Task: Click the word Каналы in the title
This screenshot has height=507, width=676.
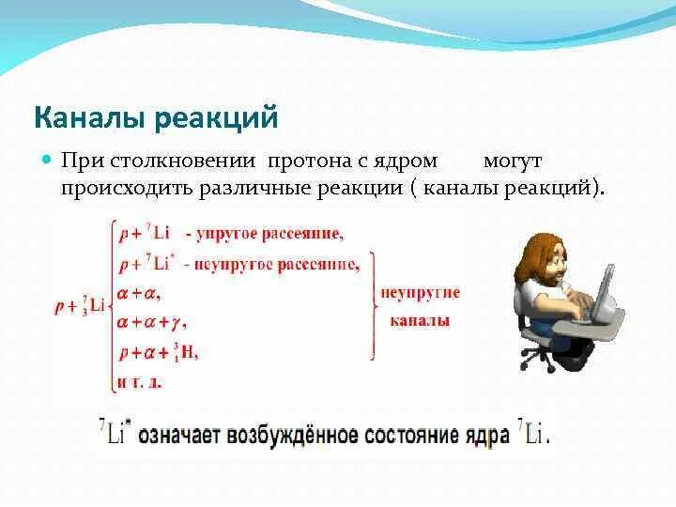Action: [x=90, y=118]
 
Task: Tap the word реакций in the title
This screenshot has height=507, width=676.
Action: [x=216, y=118]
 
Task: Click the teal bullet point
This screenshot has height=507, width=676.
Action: [x=47, y=160]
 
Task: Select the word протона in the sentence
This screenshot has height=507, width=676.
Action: [x=309, y=161]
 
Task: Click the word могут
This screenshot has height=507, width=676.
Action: [x=513, y=161]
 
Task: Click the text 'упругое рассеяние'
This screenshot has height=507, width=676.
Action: [x=269, y=234]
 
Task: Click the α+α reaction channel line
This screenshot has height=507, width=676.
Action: [x=138, y=294]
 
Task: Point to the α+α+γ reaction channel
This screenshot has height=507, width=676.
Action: [x=151, y=322]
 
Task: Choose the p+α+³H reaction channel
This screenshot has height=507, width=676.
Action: [x=159, y=353]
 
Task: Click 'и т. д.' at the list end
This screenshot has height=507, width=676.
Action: [x=139, y=382]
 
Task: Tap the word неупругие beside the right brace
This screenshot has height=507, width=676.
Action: [x=421, y=293]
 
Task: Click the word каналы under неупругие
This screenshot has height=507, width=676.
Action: [x=420, y=321]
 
